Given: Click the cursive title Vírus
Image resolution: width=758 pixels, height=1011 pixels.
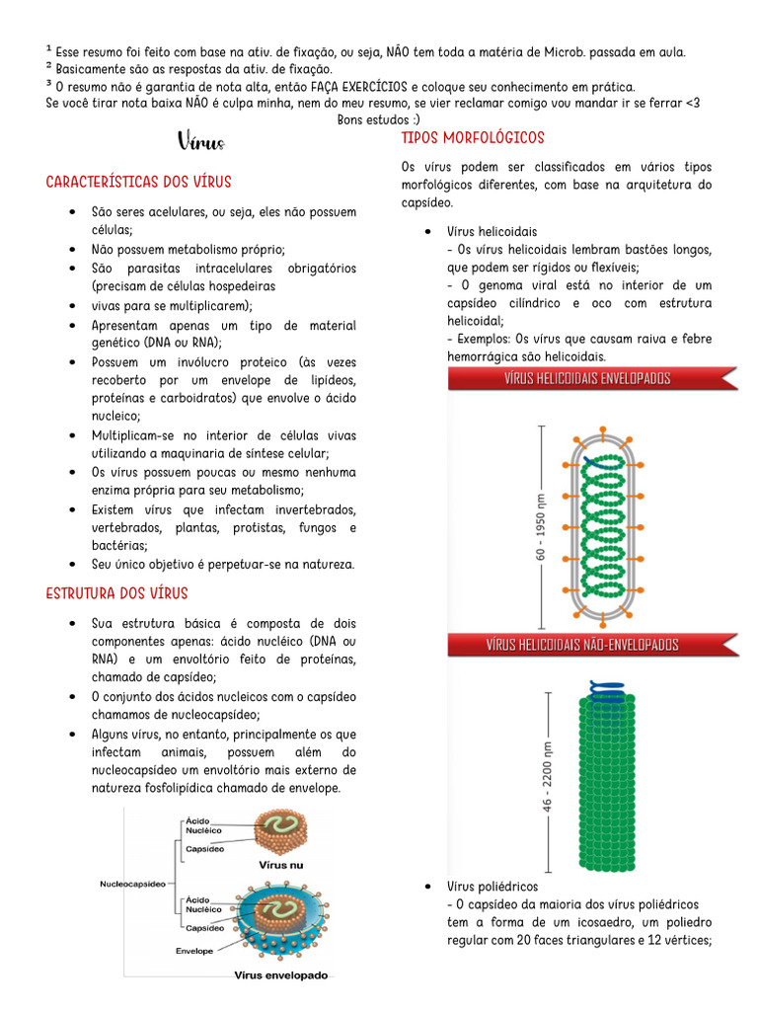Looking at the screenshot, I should coord(201,142).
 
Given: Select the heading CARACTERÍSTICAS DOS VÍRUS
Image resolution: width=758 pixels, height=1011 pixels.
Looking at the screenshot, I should coord(138,183).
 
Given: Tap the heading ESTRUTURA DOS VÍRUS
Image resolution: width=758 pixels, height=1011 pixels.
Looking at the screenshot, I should coord(116,593).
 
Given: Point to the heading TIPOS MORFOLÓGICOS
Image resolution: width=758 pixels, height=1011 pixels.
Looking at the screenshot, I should coord(473,138).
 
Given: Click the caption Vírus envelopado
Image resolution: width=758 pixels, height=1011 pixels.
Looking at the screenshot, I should coord(280,974).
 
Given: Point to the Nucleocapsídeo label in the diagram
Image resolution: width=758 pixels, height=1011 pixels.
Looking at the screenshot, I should coord(132,885).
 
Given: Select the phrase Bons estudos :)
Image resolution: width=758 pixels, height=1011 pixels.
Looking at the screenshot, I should coord(379,119).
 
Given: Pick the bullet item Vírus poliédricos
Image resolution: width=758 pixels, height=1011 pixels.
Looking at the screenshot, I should coord(493,887).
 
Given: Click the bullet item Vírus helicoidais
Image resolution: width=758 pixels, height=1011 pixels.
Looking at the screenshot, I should coord(492,231).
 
